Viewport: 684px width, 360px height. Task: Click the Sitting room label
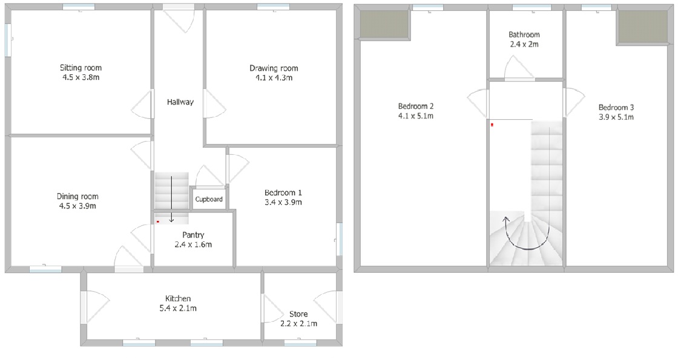point(81,68)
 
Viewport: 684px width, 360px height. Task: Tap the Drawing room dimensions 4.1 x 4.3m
point(274,77)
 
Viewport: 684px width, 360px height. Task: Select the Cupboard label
point(209,199)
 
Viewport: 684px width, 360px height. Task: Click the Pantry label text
point(193,235)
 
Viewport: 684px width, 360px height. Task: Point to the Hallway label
point(180,102)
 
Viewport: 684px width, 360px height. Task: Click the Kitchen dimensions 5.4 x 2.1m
point(178,308)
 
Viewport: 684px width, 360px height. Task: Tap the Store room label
point(298,314)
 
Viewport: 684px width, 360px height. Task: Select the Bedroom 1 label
point(283,192)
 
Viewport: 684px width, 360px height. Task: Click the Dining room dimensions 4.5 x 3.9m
point(77,206)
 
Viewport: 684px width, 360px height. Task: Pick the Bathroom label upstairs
point(524,34)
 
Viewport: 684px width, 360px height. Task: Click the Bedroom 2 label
point(416,106)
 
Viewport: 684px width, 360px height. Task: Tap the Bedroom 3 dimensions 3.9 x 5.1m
point(616,117)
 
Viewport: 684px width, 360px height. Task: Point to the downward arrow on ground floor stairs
point(171,198)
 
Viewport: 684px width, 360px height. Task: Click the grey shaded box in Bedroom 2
point(384,24)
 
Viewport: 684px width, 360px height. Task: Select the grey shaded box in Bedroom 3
point(643,27)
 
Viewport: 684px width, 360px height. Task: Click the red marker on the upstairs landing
point(492,125)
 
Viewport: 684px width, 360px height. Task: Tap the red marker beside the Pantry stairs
point(158,222)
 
